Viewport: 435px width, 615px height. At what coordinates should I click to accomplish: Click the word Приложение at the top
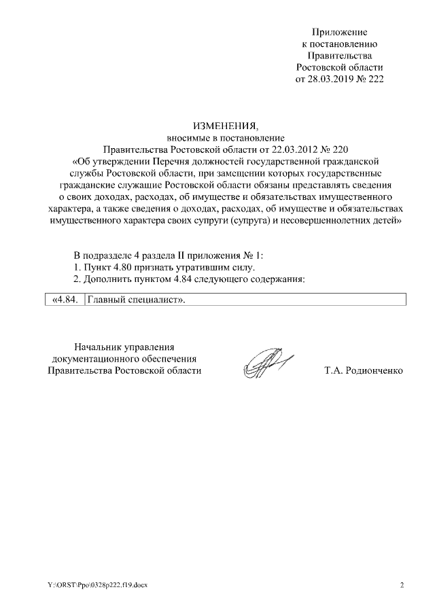(340, 32)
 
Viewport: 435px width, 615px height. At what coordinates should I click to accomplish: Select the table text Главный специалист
(136, 299)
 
